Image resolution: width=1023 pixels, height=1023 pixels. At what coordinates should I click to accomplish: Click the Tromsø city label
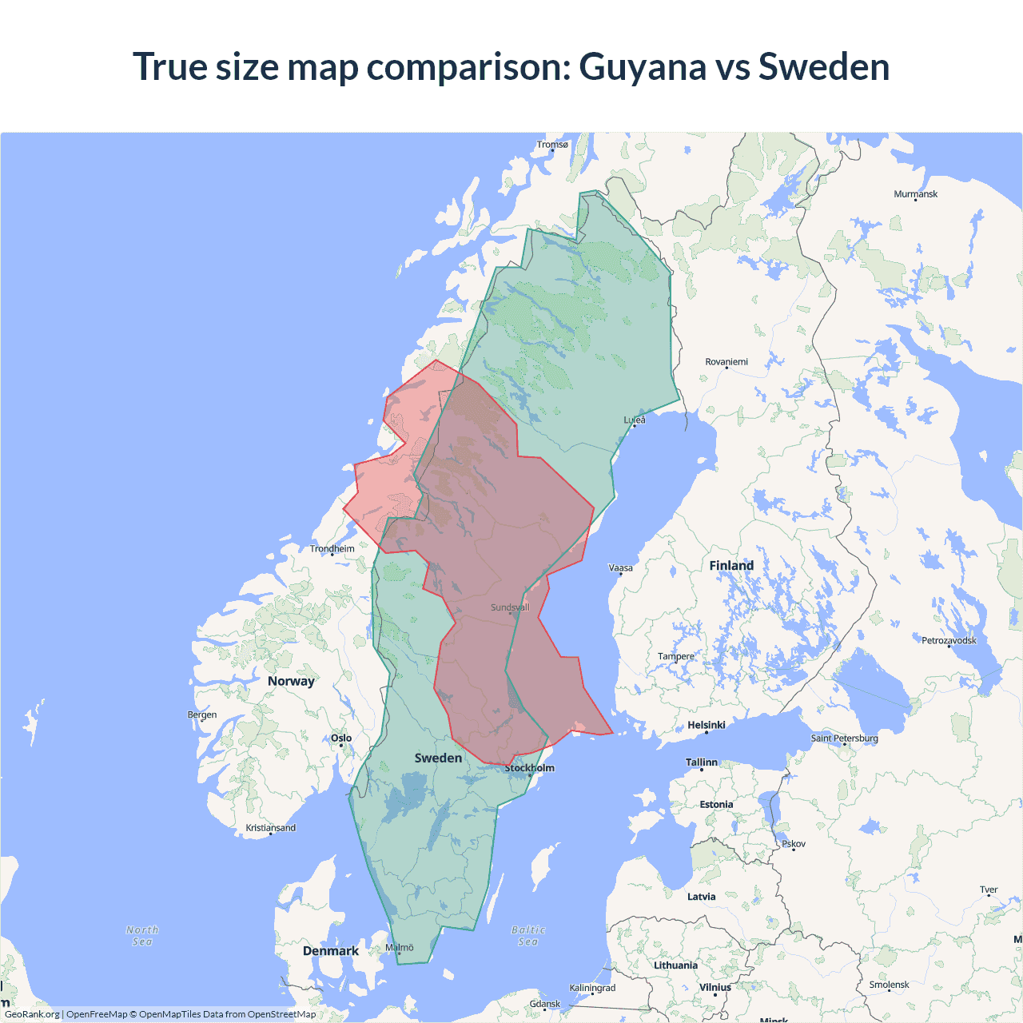[x=552, y=145]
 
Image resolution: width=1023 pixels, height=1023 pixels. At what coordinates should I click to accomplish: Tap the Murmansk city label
[x=915, y=194]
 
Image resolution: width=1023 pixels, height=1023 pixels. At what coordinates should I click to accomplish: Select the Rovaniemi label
[x=726, y=362]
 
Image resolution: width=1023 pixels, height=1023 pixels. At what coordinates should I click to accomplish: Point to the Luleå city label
[x=635, y=420]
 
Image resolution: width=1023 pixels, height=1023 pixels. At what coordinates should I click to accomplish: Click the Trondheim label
[x=332, y=549]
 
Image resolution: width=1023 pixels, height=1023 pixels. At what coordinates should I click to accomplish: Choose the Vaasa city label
[x=621, y=568]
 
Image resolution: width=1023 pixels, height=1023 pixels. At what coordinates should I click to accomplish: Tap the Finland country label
[x=731, y=566]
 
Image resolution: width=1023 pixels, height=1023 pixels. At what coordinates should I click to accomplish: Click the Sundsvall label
[x=510, y=607]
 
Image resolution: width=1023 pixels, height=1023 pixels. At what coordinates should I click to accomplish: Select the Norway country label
[x=291, y=681]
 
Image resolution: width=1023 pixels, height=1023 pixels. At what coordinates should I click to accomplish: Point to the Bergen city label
[x=202, y=715]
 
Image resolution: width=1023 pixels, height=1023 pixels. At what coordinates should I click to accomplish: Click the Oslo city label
[x=341, y=738]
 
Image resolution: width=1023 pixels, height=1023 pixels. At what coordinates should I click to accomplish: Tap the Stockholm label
[x=529, y=768]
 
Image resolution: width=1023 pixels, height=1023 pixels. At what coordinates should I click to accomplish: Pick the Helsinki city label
[x=707, y=725]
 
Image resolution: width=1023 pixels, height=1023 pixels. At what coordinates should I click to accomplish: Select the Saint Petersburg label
[x=844, y=738]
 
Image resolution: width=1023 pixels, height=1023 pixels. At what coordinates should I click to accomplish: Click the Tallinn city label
[x=702, y=762]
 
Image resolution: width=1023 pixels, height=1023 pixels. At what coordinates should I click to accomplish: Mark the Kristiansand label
[x=270, y=828]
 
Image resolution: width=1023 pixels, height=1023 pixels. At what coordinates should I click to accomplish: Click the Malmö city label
[x=400, y=948]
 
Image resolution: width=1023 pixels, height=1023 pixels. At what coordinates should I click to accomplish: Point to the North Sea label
[x=142, y=936]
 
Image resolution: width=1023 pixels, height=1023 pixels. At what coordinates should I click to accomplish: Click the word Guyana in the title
[x=643, y=66]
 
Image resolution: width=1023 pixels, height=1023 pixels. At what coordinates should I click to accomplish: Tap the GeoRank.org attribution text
[x=32, y=1014]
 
